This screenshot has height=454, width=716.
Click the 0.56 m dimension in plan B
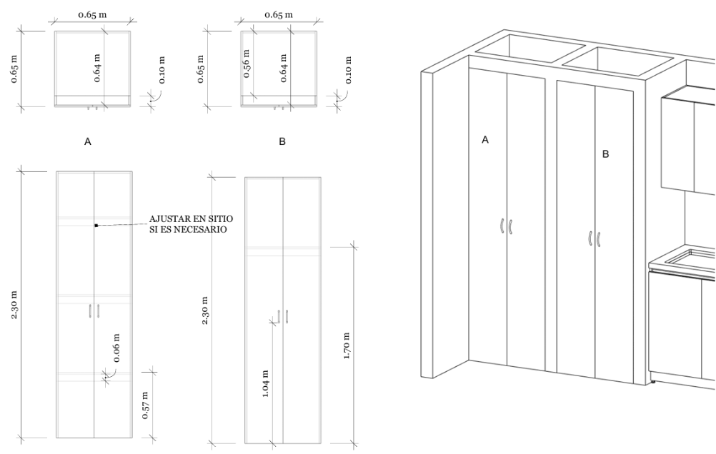(246, 63)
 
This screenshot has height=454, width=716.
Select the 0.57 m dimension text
(145, 405)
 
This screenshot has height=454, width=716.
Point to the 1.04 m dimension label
(266, 383)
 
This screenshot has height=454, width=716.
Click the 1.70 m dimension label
(347, 346)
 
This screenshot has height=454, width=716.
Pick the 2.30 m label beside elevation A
(14, 304)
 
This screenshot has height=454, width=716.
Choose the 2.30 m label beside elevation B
(205, 311)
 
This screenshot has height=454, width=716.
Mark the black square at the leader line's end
(96, 226)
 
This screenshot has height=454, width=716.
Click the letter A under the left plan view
(88, 142)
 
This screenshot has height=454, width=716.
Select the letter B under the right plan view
(282, 141)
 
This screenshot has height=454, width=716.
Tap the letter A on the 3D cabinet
(485, 140)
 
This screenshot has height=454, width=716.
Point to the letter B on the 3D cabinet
(605, 153)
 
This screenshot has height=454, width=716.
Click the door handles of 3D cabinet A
(506, 226)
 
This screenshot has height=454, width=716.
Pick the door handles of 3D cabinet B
(594, 239)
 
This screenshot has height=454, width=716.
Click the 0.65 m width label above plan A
(93, 14)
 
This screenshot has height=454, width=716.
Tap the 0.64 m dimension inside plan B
(284, 68)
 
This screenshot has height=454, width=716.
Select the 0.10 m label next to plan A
(161, 70)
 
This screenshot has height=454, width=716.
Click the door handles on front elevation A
(94, 311)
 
